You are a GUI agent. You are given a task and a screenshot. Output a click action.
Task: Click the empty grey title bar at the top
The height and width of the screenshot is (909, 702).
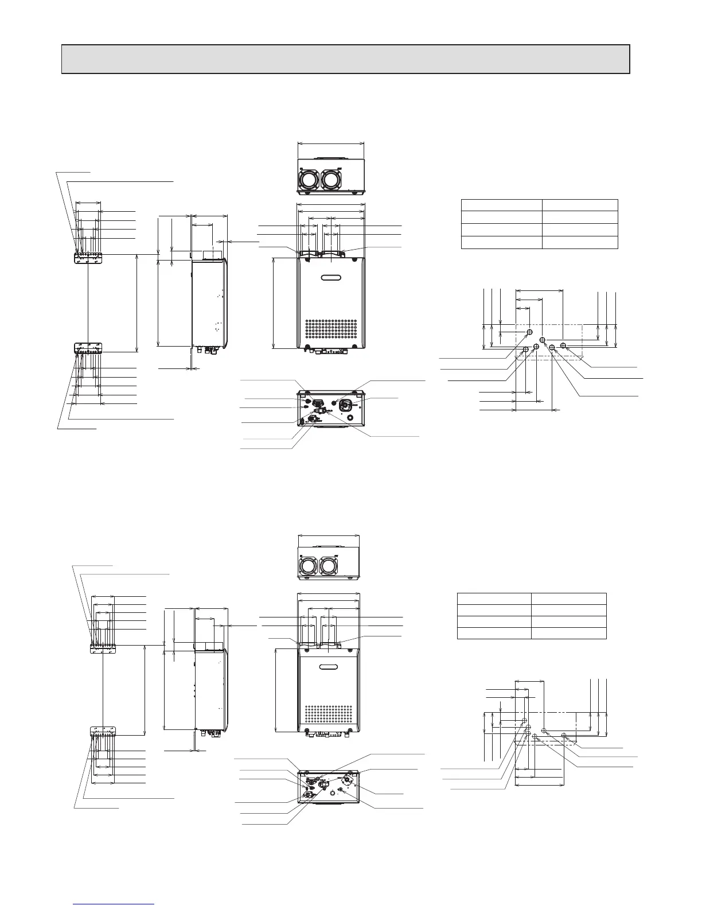point(345,59)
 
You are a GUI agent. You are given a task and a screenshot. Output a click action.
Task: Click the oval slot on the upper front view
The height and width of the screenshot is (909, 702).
point(331,279)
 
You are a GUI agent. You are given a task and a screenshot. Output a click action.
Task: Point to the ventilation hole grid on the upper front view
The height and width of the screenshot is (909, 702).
point(331,331)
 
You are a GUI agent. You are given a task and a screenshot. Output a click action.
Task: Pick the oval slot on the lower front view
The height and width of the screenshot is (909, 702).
point(329,667)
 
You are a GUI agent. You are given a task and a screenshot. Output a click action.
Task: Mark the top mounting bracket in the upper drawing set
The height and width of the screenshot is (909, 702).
point(88,259)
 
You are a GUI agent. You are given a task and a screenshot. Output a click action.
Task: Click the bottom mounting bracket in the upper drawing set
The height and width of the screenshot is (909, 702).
point(88,348)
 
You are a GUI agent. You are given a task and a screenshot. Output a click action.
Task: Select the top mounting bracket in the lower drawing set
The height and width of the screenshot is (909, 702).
point(103,648)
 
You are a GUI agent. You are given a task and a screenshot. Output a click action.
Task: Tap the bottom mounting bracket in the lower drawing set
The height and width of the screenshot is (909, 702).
point(103,732)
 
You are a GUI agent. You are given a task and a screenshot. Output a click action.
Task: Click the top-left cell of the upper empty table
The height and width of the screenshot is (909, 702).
point(502,205)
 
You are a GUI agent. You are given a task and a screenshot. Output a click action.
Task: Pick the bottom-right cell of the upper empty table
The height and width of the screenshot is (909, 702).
point(580,242)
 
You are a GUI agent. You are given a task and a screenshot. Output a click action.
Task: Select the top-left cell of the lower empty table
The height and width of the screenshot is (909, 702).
point(494,599)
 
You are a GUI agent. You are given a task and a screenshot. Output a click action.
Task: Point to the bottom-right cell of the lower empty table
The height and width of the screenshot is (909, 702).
point(568,633)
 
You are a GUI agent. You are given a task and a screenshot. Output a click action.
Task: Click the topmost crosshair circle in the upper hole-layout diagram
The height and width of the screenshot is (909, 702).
point(529,332)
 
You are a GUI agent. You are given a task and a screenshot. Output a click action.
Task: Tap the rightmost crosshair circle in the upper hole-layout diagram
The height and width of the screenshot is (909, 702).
point(563,345)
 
